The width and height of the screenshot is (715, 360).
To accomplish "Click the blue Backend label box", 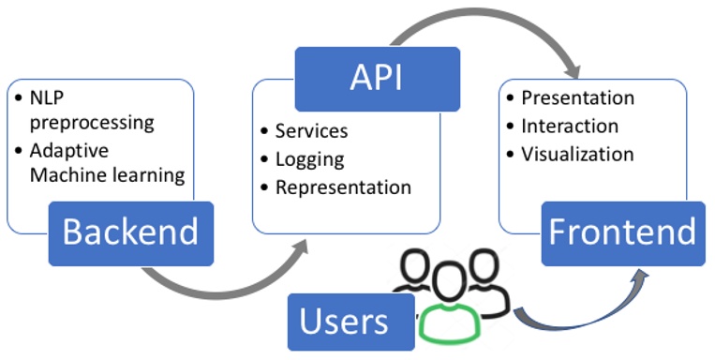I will coord(131,231).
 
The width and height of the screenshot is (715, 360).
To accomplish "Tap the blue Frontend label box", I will coord(622,231).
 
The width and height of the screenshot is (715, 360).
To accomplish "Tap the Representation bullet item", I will coord(343,187).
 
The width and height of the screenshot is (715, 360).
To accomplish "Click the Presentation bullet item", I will coord(577,97).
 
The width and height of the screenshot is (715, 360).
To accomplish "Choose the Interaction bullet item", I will coord(570,126).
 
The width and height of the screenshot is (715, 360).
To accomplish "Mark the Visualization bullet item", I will coord(577,154).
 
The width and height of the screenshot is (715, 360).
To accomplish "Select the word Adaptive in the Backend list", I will coord(68,150).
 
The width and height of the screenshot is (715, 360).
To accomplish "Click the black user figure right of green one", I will coord(485,281).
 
